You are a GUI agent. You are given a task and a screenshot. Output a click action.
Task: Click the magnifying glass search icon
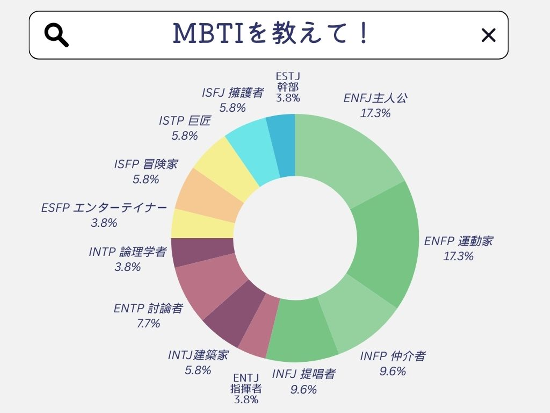coord(56,35)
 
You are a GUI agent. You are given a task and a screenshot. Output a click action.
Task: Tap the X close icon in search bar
coord(488,35)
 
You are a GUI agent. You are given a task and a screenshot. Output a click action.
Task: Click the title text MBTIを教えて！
coord(270,33)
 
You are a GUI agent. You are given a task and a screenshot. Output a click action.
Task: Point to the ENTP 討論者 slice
coord(208,283)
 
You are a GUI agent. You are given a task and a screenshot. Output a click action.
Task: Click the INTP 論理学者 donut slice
coord(202,252)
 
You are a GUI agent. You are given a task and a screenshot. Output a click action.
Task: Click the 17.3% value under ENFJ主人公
coord(375,113)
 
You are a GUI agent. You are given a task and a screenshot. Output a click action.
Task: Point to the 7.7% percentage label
coord(149,324)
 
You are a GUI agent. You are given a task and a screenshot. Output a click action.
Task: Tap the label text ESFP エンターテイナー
coord(104,208)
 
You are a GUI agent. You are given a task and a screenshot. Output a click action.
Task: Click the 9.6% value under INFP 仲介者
coord(392,371)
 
